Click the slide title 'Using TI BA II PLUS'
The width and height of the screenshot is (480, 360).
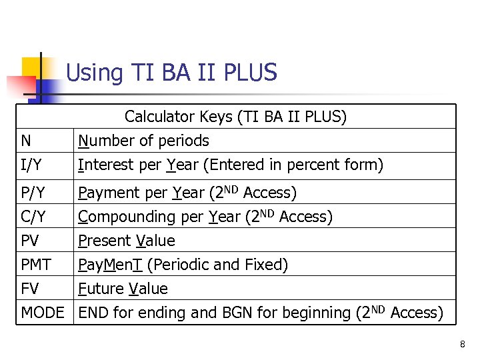(x=171, y=72)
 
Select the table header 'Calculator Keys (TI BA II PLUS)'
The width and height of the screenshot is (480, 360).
(x=235, y=117)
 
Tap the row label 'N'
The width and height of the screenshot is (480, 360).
(x=26, y=141)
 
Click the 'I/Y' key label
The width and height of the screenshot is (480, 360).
(x=30, y=165)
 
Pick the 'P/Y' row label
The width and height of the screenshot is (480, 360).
(x=32, y=193)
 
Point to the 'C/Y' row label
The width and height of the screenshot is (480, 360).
(x=32, y=217)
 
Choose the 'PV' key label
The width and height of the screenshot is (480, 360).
(x=30, y=241)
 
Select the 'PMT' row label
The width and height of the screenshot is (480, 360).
(x=36, y=265)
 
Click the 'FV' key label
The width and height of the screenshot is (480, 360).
(x=30, y=289)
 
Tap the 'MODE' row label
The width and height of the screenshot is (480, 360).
(x=43, y=313)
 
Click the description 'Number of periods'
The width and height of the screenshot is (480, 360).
(x=143, y=141)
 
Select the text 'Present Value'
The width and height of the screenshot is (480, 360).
(x=127, y=241)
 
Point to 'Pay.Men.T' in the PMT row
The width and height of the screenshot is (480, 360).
(x=110, y=265)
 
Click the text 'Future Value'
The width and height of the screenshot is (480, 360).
(x=123, y=289)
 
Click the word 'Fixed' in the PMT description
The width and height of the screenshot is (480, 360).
(x=265, y=265)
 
